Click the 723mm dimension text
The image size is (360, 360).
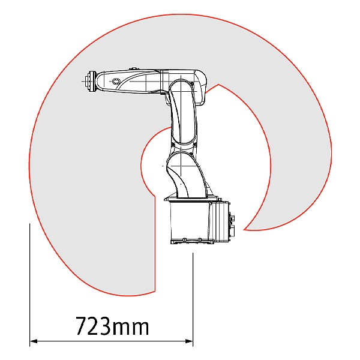(113, 326)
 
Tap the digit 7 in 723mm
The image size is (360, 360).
(82, 326)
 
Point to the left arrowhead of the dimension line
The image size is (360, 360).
(34, 341)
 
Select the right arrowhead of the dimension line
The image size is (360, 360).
(189, 341)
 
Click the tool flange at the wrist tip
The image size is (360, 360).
(90, 81)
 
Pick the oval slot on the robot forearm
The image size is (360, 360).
(115, 81)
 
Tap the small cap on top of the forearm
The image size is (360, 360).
(133, 68)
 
